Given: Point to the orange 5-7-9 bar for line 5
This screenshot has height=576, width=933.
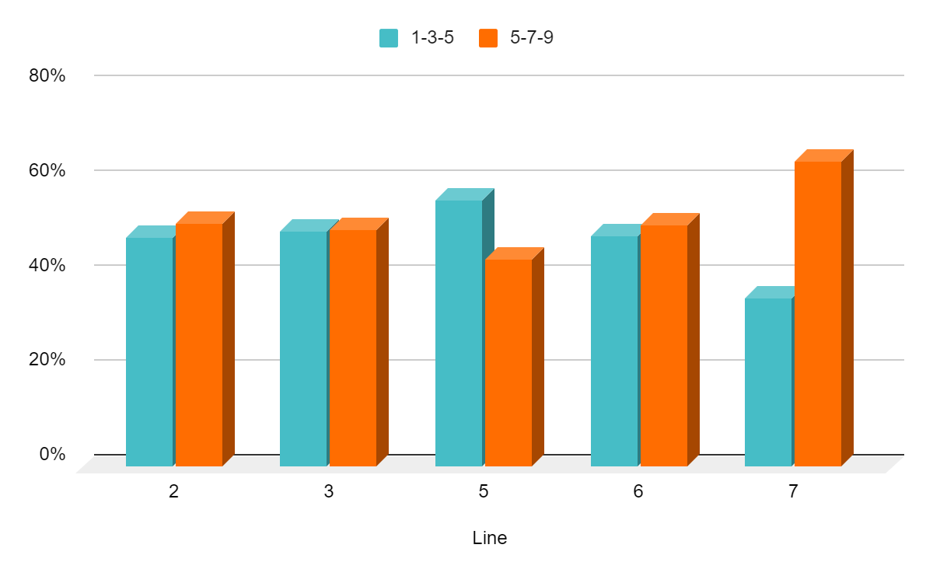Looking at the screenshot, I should [x=508, y=362].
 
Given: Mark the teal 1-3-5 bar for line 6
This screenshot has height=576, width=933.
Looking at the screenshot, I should [x=614, y=351].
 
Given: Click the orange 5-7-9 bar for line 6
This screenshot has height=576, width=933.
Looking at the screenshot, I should [x=664, y=345].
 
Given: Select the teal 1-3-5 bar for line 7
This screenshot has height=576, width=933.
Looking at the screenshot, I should [x=768, y=382].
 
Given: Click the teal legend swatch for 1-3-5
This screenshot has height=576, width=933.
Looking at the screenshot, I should [x=389, y=38].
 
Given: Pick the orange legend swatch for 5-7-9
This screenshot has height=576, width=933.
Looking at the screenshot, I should [x=488, y=38].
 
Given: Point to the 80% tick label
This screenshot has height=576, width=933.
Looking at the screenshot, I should [x=48, y=75].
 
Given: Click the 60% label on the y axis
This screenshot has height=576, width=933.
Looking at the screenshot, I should [x=48, y=170].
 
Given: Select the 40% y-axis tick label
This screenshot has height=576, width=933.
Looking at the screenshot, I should [x=48, y=265].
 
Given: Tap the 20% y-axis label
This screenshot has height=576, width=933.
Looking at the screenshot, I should [x=48, y=360].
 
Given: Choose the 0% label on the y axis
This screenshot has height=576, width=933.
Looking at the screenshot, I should [x=53, y=454].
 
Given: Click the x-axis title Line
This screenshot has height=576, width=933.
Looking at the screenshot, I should [x=490, y=538].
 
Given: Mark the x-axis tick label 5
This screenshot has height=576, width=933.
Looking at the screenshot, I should [x=484, y=492].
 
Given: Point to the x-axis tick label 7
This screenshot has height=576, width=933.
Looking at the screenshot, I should [x=793, y=492].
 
